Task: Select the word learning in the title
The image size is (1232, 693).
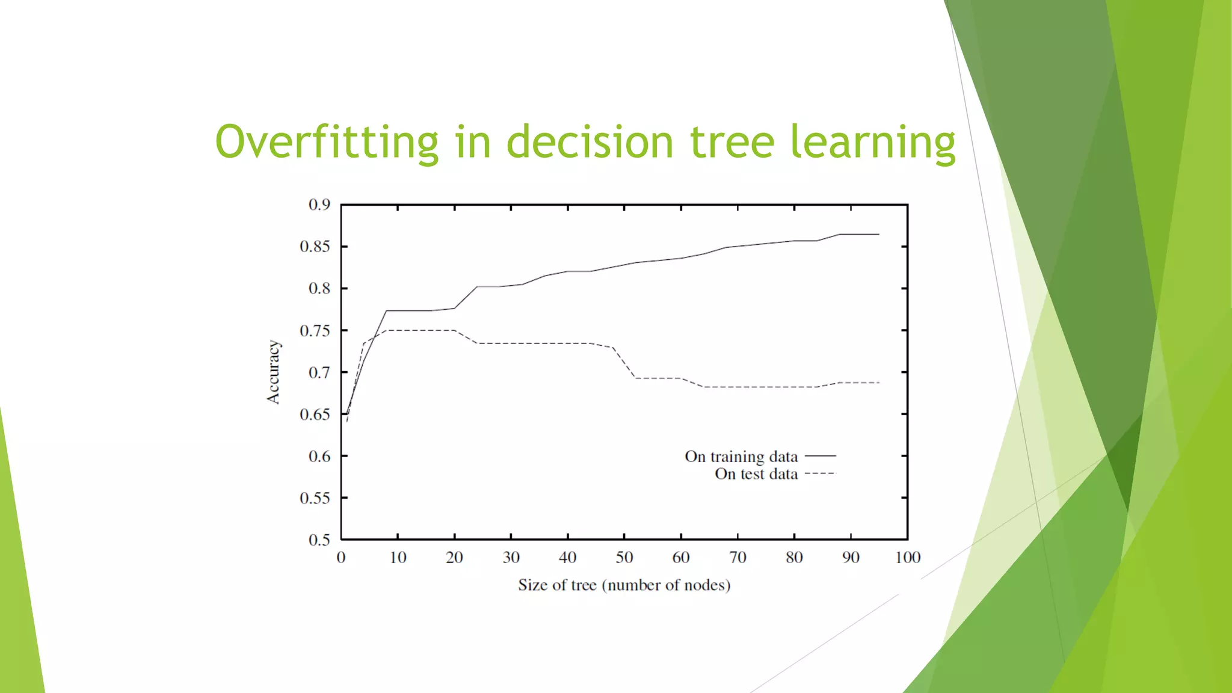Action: pos(872,143)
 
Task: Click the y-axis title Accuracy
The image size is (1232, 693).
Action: pos(274,372)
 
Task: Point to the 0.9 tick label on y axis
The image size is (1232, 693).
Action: pos(319,205)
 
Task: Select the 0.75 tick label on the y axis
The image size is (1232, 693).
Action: pos(315,331)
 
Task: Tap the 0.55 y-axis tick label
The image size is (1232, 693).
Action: pos(315,498)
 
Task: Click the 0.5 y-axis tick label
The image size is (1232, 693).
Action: pos(319,540)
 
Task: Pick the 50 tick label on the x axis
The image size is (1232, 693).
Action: pos(624,558)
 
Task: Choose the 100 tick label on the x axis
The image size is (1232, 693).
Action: pos(907,558)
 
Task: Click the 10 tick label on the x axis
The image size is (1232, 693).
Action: pos(398,558)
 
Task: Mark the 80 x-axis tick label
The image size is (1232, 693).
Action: pos(794,558)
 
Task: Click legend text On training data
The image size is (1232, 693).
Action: pos(741,457)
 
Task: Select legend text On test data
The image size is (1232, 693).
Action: pos(756,474)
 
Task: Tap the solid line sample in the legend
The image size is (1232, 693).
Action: pos(821,457)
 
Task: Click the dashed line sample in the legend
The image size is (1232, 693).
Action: pos(821,474)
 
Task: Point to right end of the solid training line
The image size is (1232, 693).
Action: pos(879,234)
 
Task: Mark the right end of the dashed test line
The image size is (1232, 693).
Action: pos(879,383)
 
